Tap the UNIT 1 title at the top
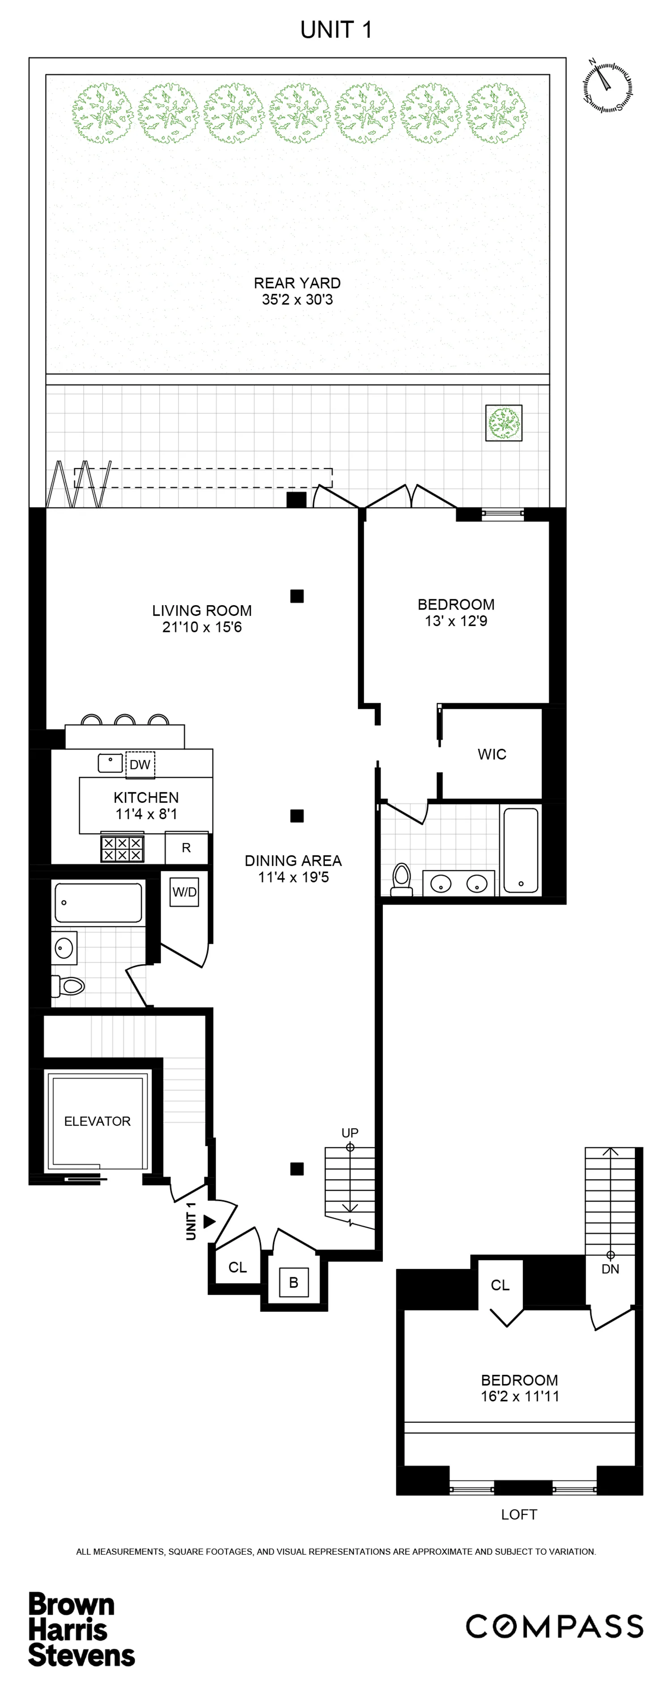click(336, 30)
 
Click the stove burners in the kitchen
click(122, 848)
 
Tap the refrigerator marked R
click(187, 848)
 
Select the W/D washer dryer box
click(185, 892)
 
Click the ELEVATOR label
click(97, 1121)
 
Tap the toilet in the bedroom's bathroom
click(402, 879)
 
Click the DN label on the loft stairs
click(610, 1269)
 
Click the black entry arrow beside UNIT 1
click(208, 1221)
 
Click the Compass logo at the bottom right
click(554, 1627)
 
